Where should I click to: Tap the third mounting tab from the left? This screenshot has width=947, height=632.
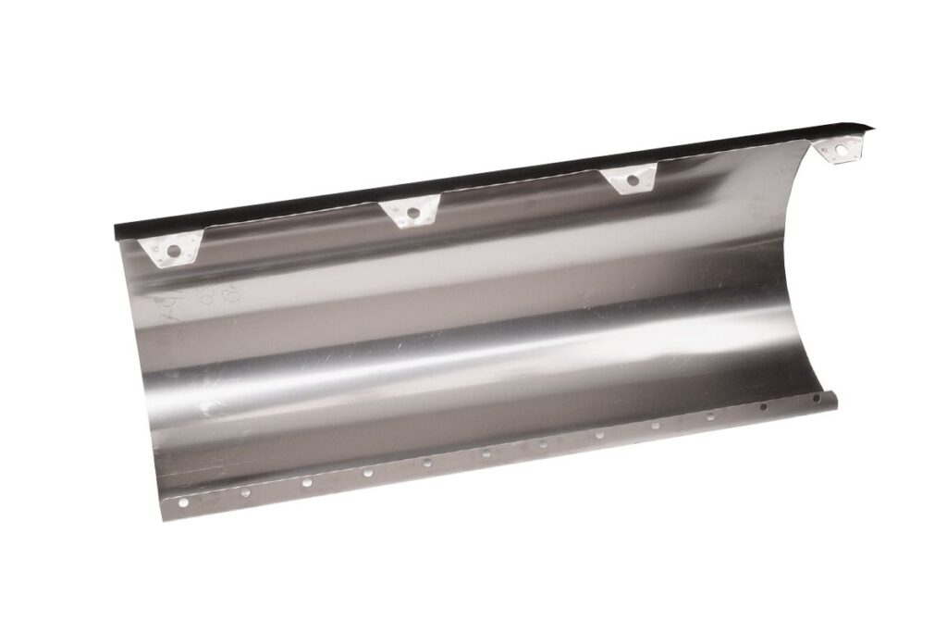pos(632,180)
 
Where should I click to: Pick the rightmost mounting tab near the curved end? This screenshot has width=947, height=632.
pos(841,148)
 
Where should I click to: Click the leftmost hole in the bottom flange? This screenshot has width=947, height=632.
pos(183,502)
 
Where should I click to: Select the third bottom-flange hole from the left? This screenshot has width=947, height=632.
pos(307,482)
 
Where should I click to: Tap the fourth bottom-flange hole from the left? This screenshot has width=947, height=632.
pos(367,472)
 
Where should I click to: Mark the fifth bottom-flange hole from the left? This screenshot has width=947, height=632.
pos(426,462)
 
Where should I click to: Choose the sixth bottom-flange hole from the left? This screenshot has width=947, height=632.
pos(486,452)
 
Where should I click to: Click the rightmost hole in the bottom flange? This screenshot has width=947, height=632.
pos(817,399)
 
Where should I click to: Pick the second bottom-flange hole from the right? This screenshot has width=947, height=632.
pos(764,407)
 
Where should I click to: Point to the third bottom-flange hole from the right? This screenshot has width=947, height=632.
pos(710,416)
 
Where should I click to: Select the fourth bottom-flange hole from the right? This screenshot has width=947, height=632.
pos(655,426)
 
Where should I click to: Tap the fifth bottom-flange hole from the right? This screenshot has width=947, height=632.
pos(599,434)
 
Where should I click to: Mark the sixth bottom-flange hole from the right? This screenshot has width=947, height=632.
pos(543,443)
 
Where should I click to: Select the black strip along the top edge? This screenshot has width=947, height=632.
pos(490,179)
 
